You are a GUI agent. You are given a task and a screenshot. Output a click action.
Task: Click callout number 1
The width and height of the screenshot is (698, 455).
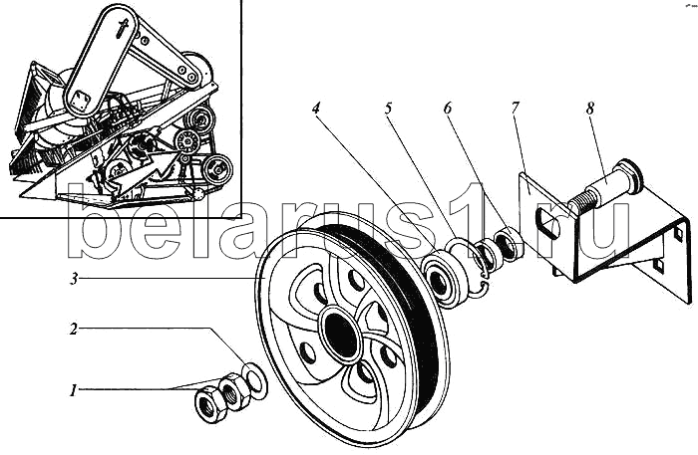pos(73,391)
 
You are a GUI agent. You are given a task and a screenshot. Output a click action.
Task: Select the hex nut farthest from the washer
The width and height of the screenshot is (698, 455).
pos(209,404)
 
